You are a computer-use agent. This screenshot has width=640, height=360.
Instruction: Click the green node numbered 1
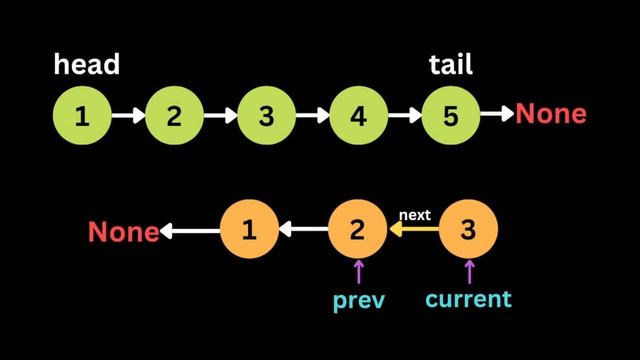coord(82,116)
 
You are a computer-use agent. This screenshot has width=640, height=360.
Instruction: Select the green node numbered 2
coord(174,116)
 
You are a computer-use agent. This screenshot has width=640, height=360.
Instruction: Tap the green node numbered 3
coord(266,116)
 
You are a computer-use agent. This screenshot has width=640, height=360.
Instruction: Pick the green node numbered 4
coord(358,116)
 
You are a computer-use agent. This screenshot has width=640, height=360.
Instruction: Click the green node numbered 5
coord(450,116)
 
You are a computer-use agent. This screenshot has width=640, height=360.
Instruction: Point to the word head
coord(87,65)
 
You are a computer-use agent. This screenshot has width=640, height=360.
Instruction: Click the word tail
coord(450,65)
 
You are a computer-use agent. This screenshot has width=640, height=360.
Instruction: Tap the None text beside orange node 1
coord(123,232)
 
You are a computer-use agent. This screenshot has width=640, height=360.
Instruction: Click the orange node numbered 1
coord(248,231)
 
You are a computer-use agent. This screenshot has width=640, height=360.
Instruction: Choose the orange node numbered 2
coord(358,231)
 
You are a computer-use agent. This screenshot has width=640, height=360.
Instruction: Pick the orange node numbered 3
coord(468,231)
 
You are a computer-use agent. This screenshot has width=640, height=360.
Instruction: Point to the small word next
coord(414,215)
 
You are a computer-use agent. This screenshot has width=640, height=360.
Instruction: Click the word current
coord(468,299)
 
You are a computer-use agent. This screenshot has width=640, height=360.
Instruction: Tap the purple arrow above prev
coord(358,272)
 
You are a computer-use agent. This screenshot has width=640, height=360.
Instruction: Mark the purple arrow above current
coord(468,272)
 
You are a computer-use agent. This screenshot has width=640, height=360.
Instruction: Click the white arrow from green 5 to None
coord(496,116)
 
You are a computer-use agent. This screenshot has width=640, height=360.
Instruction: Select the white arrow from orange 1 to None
coord(190,232)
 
